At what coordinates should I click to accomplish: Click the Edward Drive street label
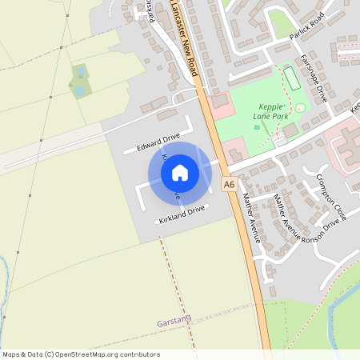click(x=158, y=142)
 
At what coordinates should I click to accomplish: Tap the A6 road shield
click(x=230, y=185)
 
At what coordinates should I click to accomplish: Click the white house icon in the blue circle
click(x=180, y=173)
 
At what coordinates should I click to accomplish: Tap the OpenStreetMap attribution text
click(x=80, y=354)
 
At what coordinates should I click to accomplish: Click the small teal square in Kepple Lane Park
click(x=257, y=126)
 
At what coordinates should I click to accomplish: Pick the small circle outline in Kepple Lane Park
click(x=300, y=108)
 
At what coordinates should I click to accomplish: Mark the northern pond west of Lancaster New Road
click(x=82, y=73)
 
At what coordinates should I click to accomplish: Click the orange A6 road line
click(x=252, y=264)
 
